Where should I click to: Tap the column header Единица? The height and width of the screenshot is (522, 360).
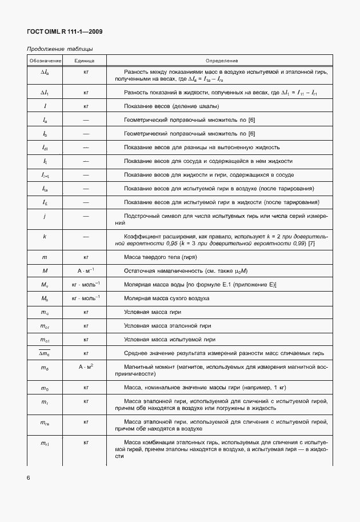[x=86, y=61]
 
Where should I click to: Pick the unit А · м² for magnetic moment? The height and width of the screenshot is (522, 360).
[x=86, y=366]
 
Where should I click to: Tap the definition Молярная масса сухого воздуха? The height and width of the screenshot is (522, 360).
[x=166, y=299]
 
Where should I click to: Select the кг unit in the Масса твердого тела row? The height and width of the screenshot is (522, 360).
[x=86, y=258]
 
